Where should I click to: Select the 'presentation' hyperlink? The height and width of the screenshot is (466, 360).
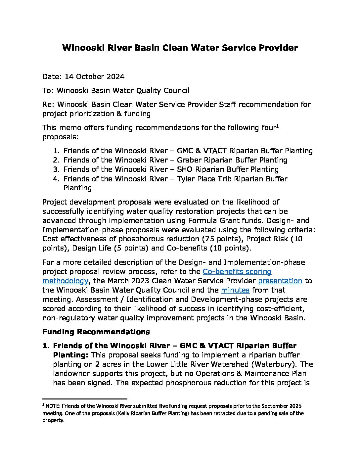(x=280, y=281)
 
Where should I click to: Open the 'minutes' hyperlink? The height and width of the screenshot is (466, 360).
(x=235, y=290)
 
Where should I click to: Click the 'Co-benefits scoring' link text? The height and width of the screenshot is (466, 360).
(x=237, y=272)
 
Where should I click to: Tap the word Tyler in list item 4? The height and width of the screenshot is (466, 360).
(x=187, y=179)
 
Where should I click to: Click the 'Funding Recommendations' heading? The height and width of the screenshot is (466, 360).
(x=96, y=332)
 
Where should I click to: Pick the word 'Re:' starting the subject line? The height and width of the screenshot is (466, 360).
(x=48, y=105)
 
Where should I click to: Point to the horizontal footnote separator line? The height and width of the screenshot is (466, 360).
(x=85, y=399)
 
